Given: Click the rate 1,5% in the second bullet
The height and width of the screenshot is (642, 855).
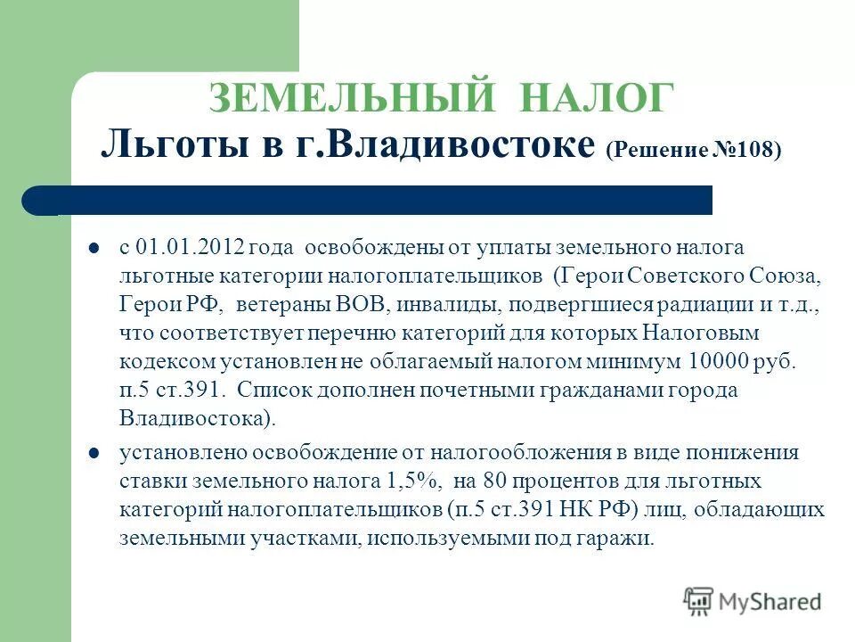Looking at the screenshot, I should (415, 481).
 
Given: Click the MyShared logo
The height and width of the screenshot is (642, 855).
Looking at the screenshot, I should (753, 600).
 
